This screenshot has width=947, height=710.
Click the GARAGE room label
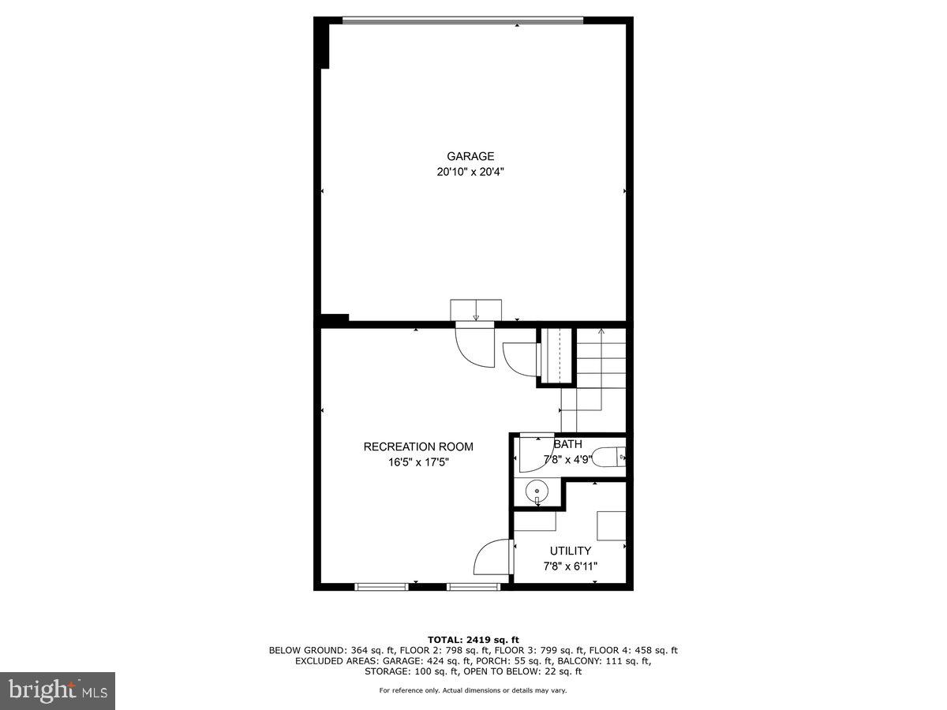click(470, 156)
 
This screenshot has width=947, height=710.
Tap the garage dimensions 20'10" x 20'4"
click(470, 172)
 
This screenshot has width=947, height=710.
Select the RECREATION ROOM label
click(418, 447)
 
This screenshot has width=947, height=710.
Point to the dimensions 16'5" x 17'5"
click(418, 462)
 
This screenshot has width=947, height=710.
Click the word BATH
click(568, 444)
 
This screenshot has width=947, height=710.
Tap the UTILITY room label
click(570, 551)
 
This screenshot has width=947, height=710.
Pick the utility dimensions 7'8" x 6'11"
click(570, 566)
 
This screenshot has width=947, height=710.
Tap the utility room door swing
click(492, 556)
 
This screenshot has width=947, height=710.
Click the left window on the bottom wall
click(381, 586)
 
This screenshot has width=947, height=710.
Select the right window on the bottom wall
click(473, 586)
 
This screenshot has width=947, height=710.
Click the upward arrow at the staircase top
click(601, 332)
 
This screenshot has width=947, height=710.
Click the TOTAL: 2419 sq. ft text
click(473, 640)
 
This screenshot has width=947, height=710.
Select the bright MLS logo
click(58, 691)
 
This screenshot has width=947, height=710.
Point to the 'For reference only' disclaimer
click(473, 690)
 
